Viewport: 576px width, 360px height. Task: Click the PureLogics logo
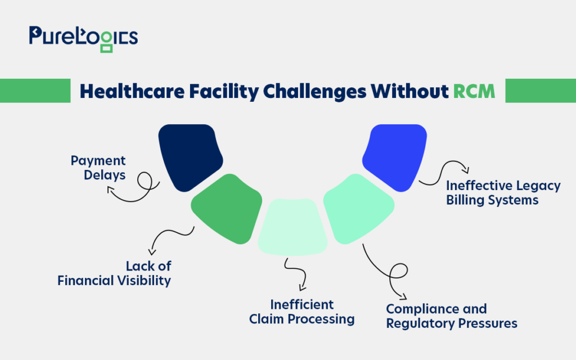83,39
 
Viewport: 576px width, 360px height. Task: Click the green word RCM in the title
474,91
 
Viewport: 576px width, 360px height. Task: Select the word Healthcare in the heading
132,91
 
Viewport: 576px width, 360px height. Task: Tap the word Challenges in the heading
314,92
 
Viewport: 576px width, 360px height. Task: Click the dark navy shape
189,156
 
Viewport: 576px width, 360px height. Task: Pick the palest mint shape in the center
292,227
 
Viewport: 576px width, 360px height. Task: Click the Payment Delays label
98,168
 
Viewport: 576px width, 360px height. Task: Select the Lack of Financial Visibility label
114,273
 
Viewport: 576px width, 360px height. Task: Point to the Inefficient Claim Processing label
301,312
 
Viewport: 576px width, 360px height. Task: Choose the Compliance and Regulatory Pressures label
452,316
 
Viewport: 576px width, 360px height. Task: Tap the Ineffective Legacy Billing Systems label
503,192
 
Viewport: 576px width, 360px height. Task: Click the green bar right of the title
541,91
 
